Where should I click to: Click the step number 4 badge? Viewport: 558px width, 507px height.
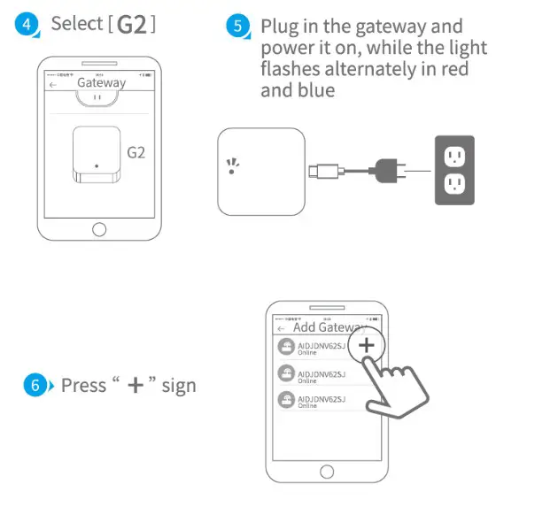click(27, 25)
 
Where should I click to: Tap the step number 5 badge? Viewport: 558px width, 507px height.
click(238, 27)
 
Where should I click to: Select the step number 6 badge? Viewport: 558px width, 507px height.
click(34, 386)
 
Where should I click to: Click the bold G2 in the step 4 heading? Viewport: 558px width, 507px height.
click(132, 25)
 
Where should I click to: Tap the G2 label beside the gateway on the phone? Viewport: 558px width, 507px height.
click(136, 152)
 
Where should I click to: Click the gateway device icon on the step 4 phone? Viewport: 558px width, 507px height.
click(95, 156)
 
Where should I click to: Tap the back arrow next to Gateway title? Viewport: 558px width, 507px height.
click(53, 84)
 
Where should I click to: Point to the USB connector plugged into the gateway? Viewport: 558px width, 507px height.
click(319, 171)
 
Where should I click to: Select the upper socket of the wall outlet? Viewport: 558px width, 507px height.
click(454, 157)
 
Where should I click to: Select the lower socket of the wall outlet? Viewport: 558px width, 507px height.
click(454, 184)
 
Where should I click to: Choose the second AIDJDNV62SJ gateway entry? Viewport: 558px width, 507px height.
click(314, 374)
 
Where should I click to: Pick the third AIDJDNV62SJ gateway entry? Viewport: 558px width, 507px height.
click(314, 402)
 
